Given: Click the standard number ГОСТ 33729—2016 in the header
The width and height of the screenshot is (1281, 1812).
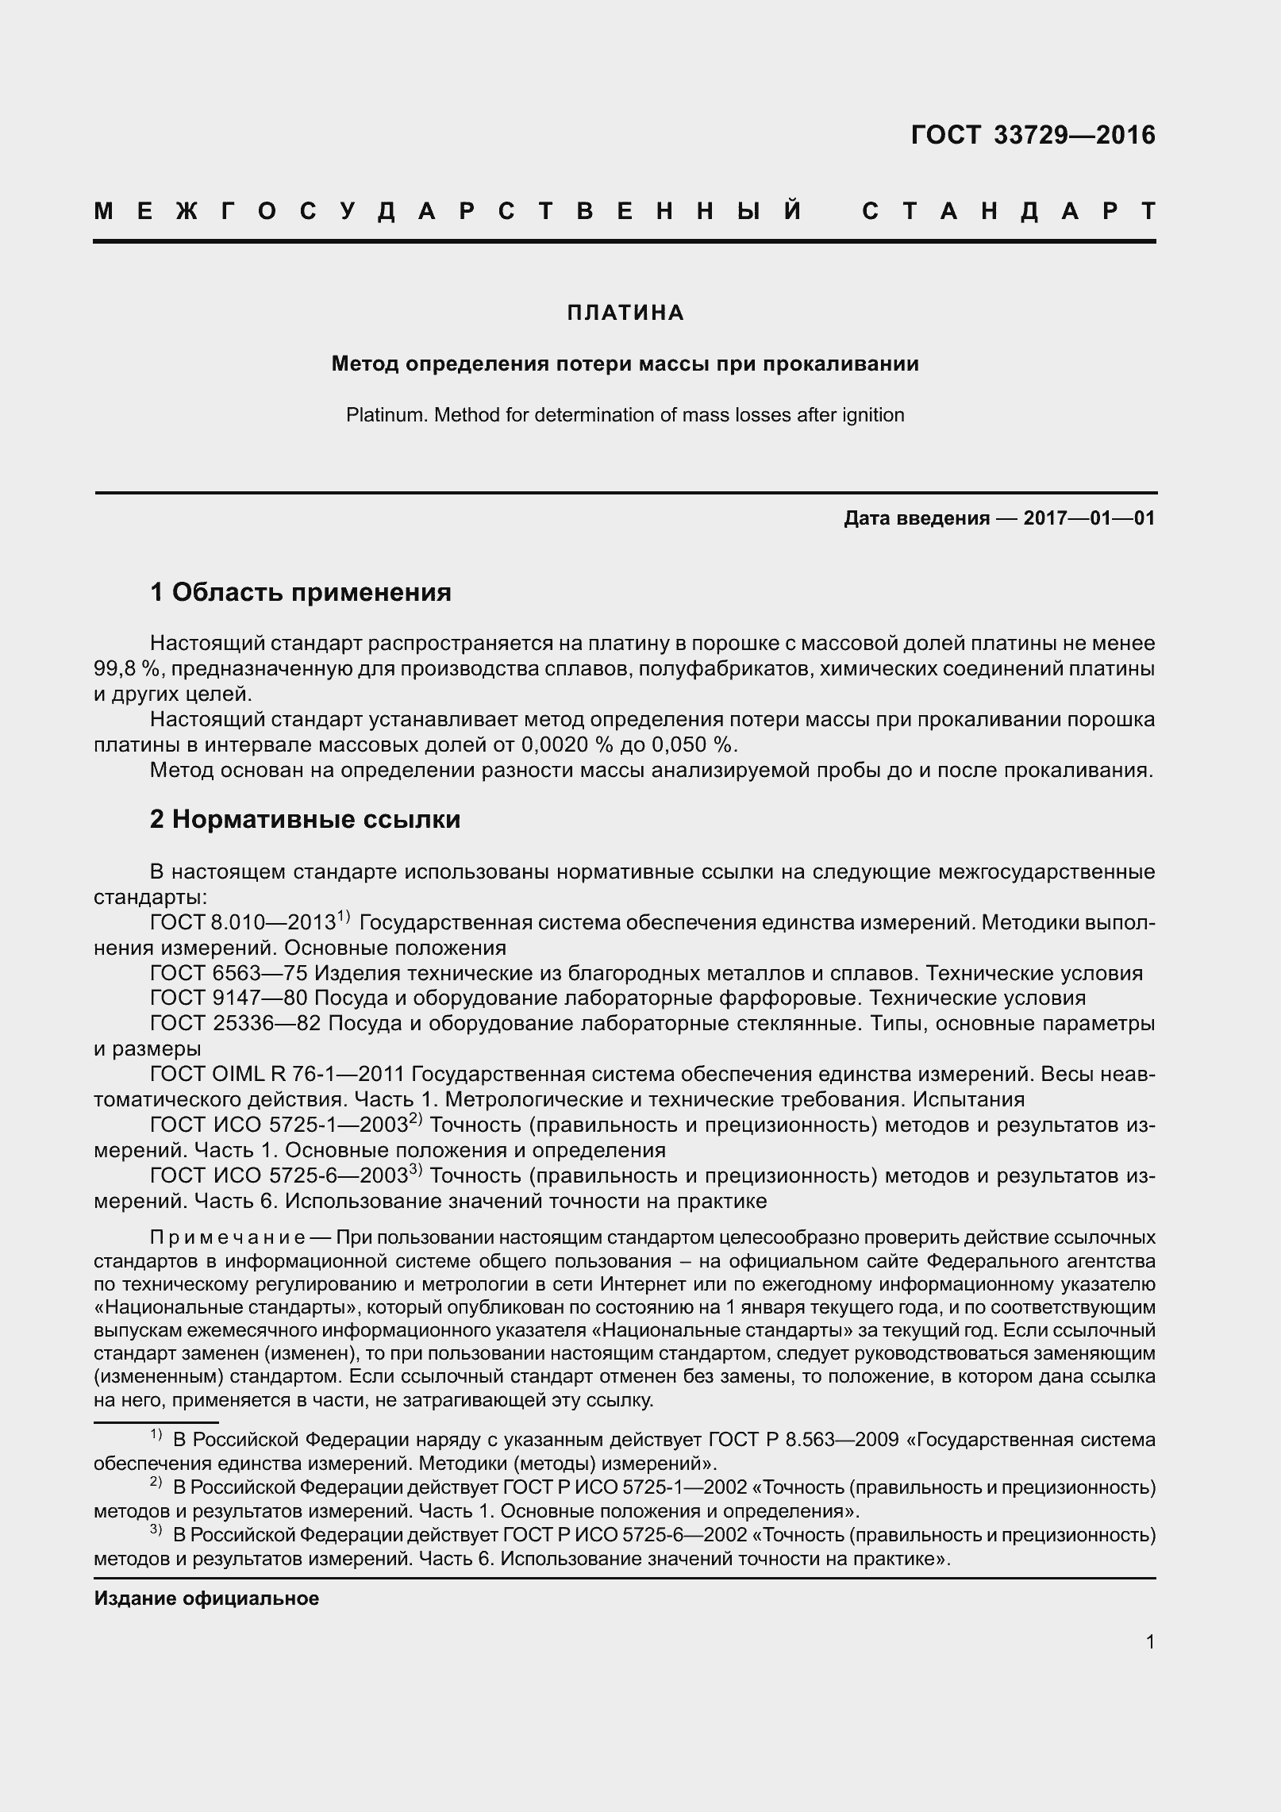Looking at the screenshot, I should click(1033, 136).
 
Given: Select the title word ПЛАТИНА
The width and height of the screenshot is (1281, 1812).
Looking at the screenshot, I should click(625, 313).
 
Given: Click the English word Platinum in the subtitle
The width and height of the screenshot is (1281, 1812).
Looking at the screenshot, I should click(378, 415).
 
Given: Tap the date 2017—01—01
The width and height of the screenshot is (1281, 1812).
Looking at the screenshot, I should click(1089, 518).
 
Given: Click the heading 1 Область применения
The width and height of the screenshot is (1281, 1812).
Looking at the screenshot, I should click(301, 592).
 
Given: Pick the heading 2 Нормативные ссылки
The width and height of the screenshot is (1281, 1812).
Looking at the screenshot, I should click(305, 819).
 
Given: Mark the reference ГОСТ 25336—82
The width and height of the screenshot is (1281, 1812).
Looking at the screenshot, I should click(235, 1023).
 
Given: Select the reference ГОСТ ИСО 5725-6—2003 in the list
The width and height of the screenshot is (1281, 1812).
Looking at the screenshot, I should click(279, 1175).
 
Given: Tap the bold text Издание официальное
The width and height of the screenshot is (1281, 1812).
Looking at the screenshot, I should click(206, 1598).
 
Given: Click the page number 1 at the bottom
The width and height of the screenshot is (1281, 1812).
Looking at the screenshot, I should click(1150, 1641).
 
